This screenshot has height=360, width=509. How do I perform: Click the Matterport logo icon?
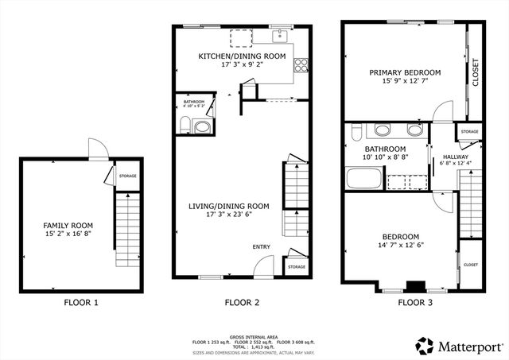click(x=425, y=346)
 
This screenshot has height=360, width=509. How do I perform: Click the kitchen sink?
click(x=281, y=36)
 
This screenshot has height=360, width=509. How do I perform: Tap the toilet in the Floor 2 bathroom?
click(x=185, y=124)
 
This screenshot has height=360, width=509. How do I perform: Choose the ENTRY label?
click(x=262, y=247)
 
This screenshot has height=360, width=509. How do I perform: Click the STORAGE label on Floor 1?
click(x=127, y=176)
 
